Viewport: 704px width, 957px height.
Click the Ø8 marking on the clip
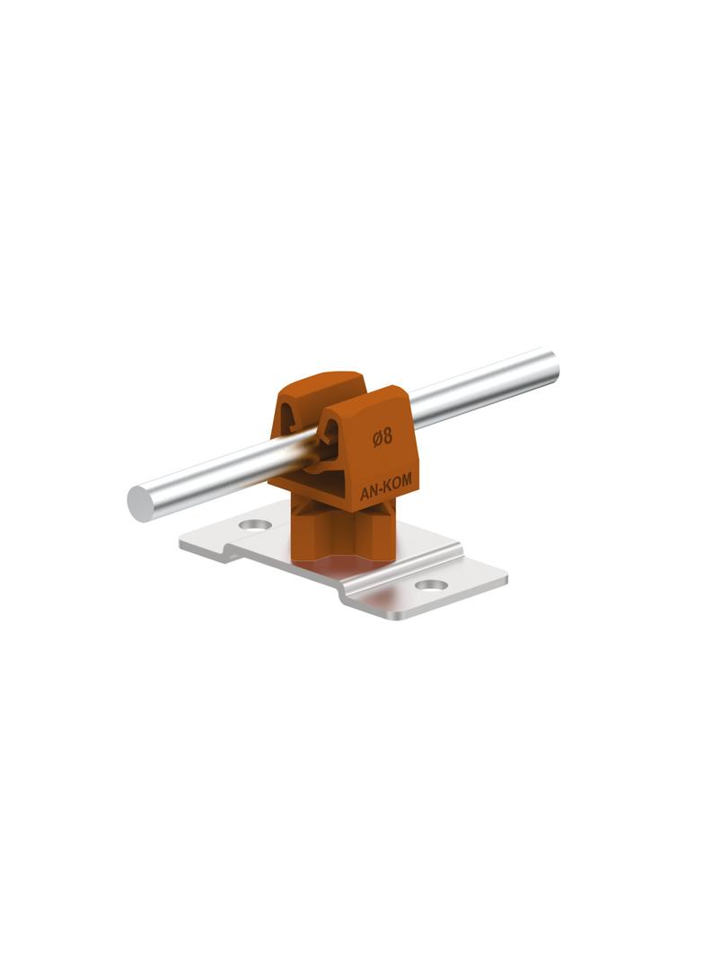[x=383, y=437]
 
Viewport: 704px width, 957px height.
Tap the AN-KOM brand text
[x=386, y=487]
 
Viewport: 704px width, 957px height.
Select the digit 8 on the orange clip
[x=388, y=436]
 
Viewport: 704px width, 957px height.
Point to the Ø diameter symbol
[x=377, y=438]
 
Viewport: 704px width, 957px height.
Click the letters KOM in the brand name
[x=397, y=483]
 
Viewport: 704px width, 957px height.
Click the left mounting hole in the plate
[x=254, y=523]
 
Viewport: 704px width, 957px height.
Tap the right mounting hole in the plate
[x=430, y=585]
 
